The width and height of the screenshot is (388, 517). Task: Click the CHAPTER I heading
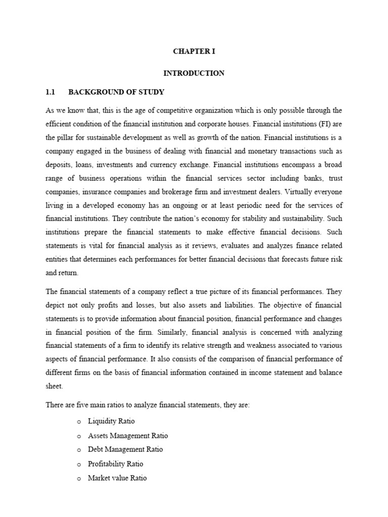(x=193, y=51)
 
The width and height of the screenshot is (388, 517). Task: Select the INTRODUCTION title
(x=193, y=73)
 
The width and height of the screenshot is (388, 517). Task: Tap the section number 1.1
(x=50, y=92)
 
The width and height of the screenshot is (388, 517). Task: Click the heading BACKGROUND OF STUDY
(x=116, y=92)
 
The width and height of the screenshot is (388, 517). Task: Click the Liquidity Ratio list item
(x=111, y=421)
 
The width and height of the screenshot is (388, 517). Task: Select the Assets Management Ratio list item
(x=128, y=435)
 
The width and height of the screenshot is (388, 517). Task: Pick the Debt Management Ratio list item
(x=125, y=449)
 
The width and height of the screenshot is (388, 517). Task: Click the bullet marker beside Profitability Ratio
(x=79, y=464)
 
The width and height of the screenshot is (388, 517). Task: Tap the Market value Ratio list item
(x=117, y=478)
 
